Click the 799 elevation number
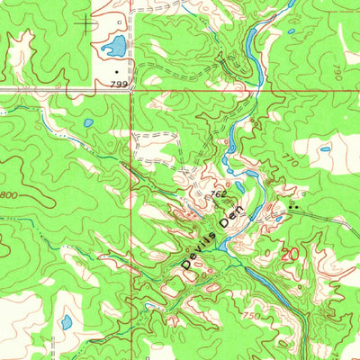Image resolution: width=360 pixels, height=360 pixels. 120,82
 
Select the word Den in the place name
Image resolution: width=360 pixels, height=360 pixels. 233,217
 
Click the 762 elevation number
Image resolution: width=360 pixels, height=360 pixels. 218,192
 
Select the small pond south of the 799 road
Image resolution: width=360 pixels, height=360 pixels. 87,123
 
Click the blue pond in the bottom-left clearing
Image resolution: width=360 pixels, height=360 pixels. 66,321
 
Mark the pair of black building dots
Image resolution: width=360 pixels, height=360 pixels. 293,206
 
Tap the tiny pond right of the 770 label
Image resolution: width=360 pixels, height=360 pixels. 325,148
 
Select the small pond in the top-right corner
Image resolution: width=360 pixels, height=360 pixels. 292,33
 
